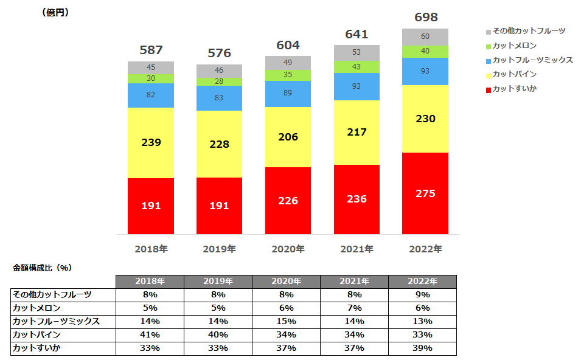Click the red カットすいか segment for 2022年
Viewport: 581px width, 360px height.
(425, 193)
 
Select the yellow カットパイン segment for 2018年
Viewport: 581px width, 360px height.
(151, 143)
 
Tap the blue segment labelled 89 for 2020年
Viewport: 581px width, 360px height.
(288, 94)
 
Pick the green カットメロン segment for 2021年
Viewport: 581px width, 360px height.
(357, 66)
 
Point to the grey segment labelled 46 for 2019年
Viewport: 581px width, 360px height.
(219, 71)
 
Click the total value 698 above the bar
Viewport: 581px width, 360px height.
(425, 18)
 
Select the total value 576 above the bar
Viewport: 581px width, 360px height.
(219, 53)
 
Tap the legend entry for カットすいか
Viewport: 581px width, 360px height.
(514, 89)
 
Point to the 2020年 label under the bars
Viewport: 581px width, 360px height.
(288, 249)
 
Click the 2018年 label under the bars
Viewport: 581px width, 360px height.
(151, 249)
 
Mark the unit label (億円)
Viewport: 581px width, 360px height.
(55, 13)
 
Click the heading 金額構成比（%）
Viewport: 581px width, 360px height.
(43, 267)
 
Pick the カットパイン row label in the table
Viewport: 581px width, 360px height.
(36, 334)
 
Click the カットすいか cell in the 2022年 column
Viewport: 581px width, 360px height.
(422, 348)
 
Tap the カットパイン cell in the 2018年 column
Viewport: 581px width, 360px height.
(150, 334)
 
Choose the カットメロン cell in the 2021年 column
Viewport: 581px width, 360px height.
(355, 308)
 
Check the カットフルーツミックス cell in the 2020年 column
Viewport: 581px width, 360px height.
(287, 321)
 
